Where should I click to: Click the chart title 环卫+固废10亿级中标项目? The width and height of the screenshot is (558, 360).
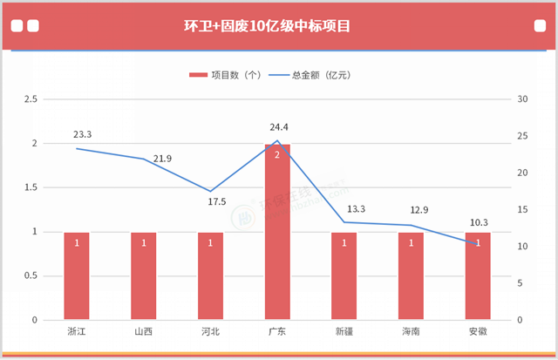point(278,25)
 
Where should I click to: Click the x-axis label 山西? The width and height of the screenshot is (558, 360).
point(144,332)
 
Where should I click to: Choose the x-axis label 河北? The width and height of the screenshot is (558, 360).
point(210,332)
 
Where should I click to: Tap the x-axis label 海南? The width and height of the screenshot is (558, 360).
point(411,332)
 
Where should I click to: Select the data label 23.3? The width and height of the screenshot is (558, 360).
point(83,135)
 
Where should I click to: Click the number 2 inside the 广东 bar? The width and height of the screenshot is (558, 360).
point(277,154)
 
